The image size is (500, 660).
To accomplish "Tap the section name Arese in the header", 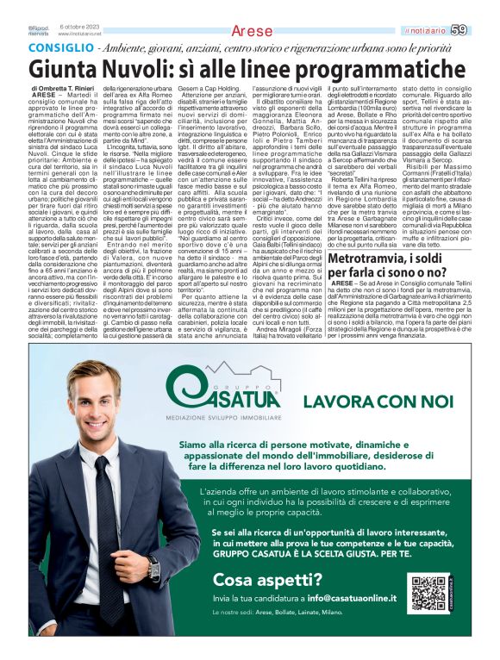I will pyautogui.click(x=252, y=31).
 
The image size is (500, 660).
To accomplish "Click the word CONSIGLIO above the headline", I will pyautogui.click(x=59, y=50).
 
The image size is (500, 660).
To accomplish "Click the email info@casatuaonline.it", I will pyautogui.click(x=353, y=597).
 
